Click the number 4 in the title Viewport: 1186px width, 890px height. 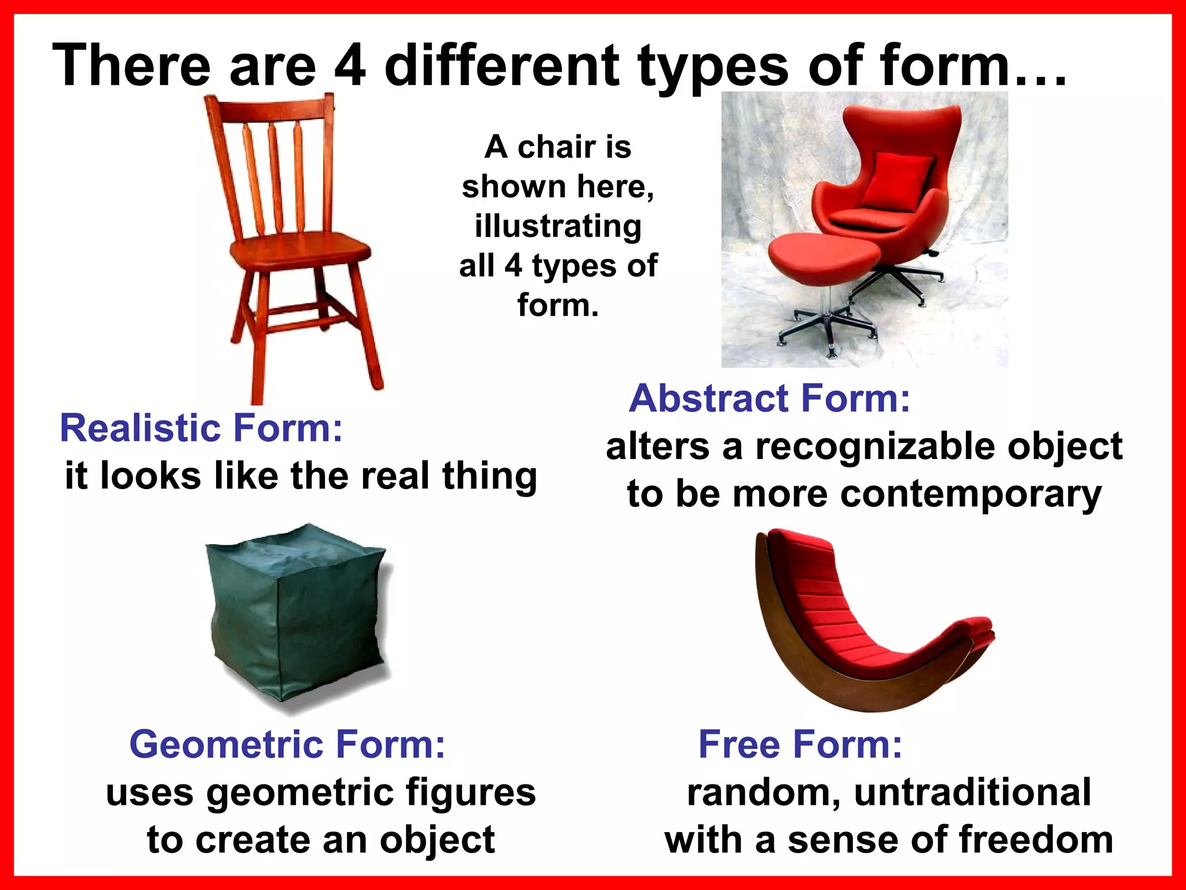click(x=350, y=65)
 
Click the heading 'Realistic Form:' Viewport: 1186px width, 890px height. click(x=201, y=428)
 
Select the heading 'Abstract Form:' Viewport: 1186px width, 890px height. click(x=770, y=399)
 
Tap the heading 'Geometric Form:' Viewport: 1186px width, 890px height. click(x=287, y=744)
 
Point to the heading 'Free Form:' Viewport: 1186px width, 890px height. click(x=800, y=744)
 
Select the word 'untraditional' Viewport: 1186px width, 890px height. click(x=972, y=793)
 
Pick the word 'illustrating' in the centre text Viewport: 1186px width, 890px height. click(x=558, y=226)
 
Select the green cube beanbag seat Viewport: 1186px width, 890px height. click(x=295, y=614)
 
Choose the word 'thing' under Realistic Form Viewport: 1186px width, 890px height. click(x=489, y=476)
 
